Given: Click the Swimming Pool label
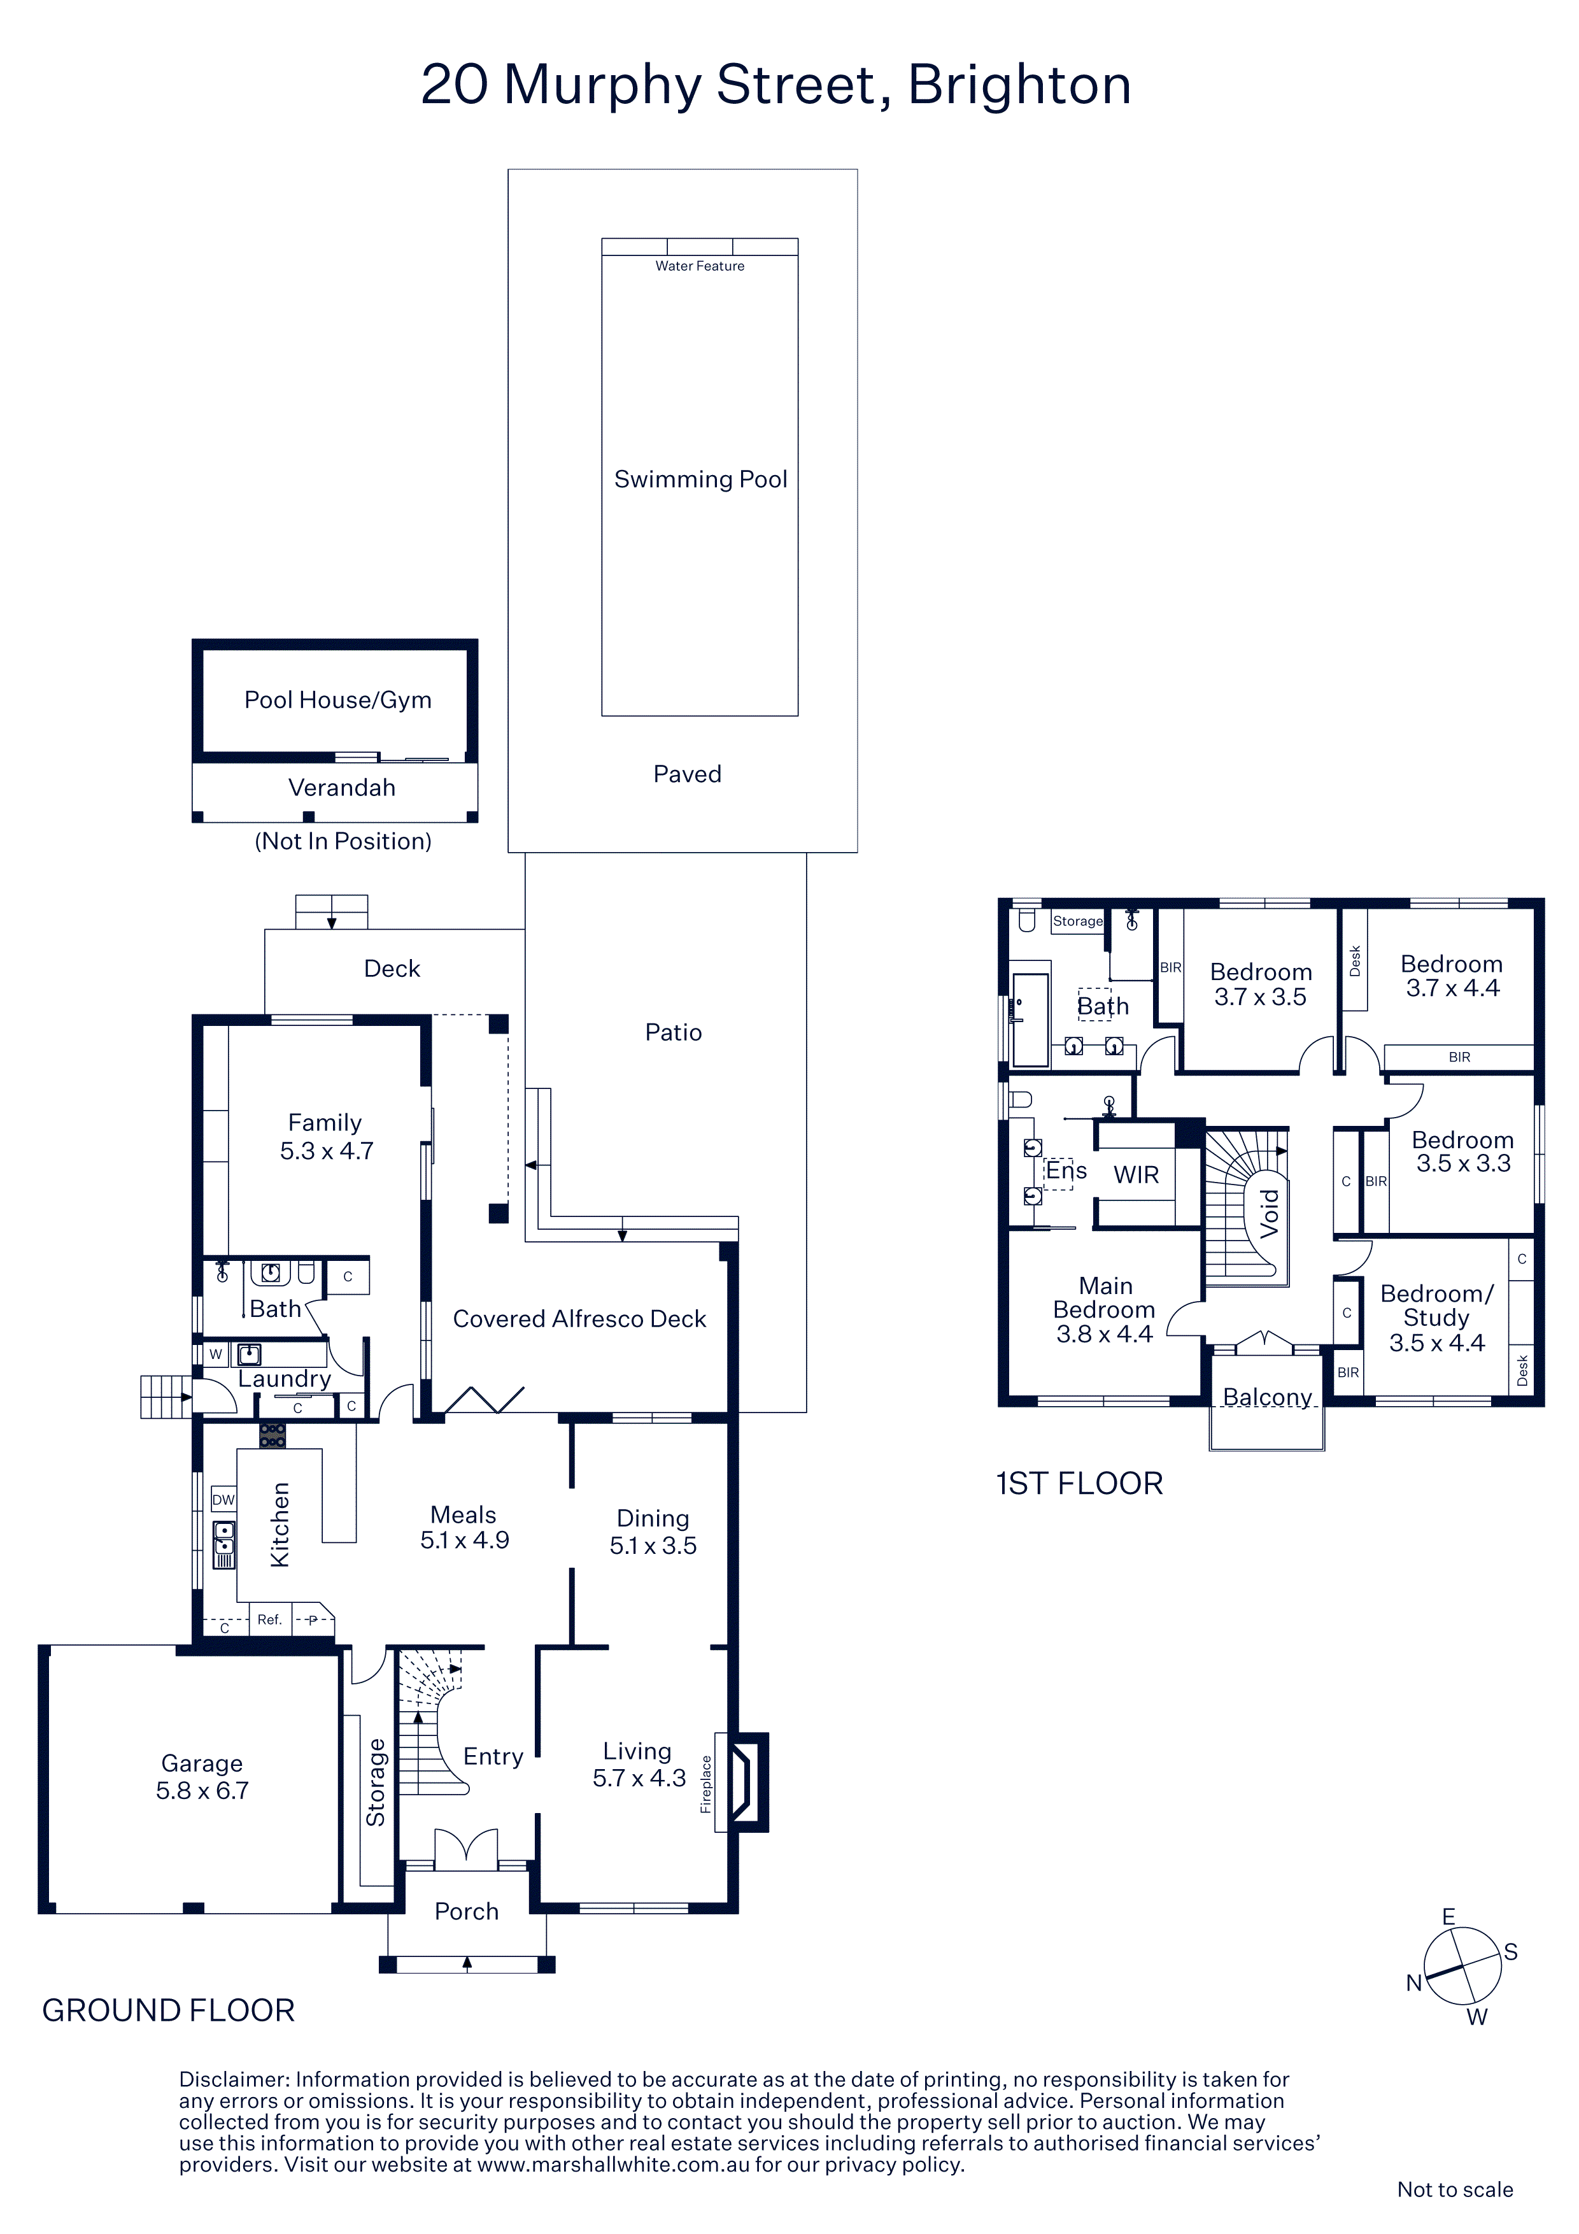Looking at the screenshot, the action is click(x=700, y=480).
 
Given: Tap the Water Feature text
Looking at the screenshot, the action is click(x=700, y=266).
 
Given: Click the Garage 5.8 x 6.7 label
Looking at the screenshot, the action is click(x=202, y=1777).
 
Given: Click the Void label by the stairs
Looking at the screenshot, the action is click(x=1270, y=1213).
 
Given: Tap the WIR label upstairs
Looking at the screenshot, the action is click(x=1136, y=1176).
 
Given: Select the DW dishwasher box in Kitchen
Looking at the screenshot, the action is click(x=223, y=1499).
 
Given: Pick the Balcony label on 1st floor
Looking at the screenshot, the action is click(x=1267, y=1397).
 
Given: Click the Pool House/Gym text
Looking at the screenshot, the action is click(x=337, y=701).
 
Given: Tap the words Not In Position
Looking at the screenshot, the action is click(x=343, y=841).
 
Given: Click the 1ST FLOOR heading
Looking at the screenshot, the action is click(x=1079, y=1484).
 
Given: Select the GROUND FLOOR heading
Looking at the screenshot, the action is click(x=168, y=2010).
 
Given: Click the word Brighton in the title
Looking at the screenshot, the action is click(x=1019, y=85).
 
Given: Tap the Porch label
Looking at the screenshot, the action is click(x=467, y=1911).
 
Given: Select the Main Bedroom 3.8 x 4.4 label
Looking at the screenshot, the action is click(x=1105, y=1310).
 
